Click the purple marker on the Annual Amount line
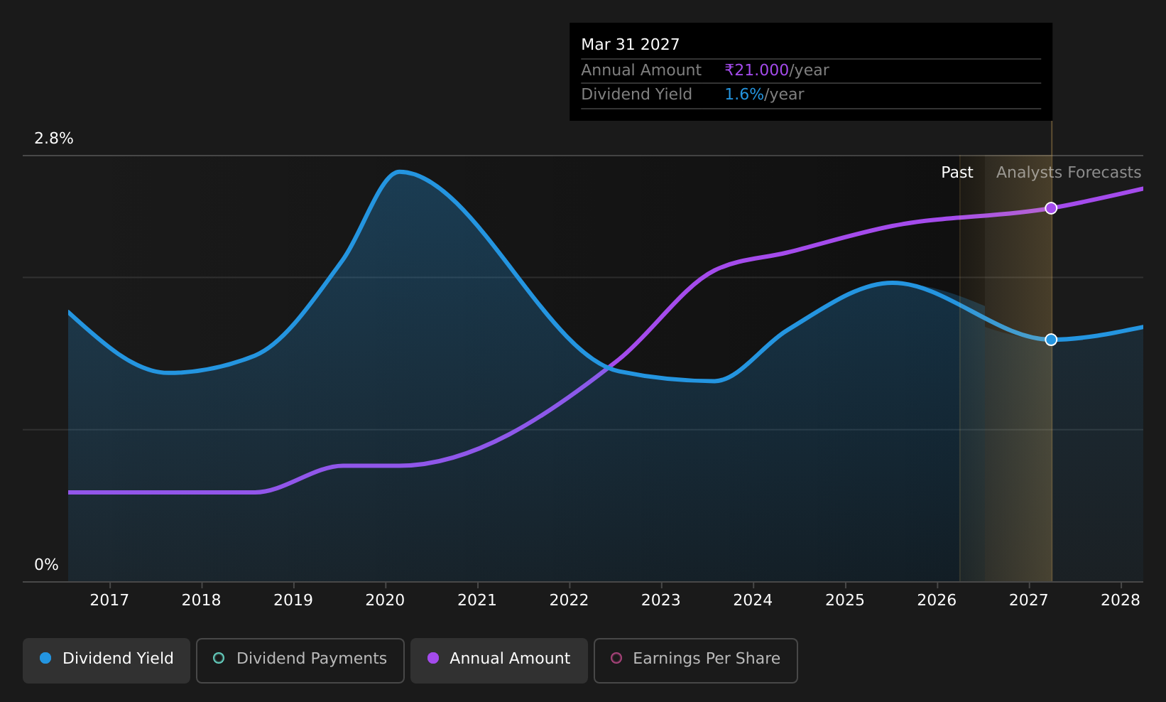tap(1051, 208)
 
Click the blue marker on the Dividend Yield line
tap(1051, 340)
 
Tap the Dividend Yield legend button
tap(107, 660)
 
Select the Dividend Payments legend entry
tap(300, 660)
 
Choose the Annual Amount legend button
tap(499, 660)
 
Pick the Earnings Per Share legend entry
tap(695, 660)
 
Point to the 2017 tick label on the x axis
tap(109, 600)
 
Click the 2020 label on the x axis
tap(385, 600)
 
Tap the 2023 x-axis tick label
tap(661, 600)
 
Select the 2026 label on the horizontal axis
tap(937, 600)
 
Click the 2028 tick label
tap(1121, 600)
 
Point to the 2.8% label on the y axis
tap(54, 139)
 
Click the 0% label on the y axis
tap(46, 565)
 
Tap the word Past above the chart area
tap(957, 173)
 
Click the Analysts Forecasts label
tap(1069, 173)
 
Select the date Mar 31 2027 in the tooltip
tap(631, 45)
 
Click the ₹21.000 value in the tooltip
tap(757, 70)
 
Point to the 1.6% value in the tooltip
tap(744, 94)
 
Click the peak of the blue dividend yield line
tap(399, 171)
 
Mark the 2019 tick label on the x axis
tap(293, 600)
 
